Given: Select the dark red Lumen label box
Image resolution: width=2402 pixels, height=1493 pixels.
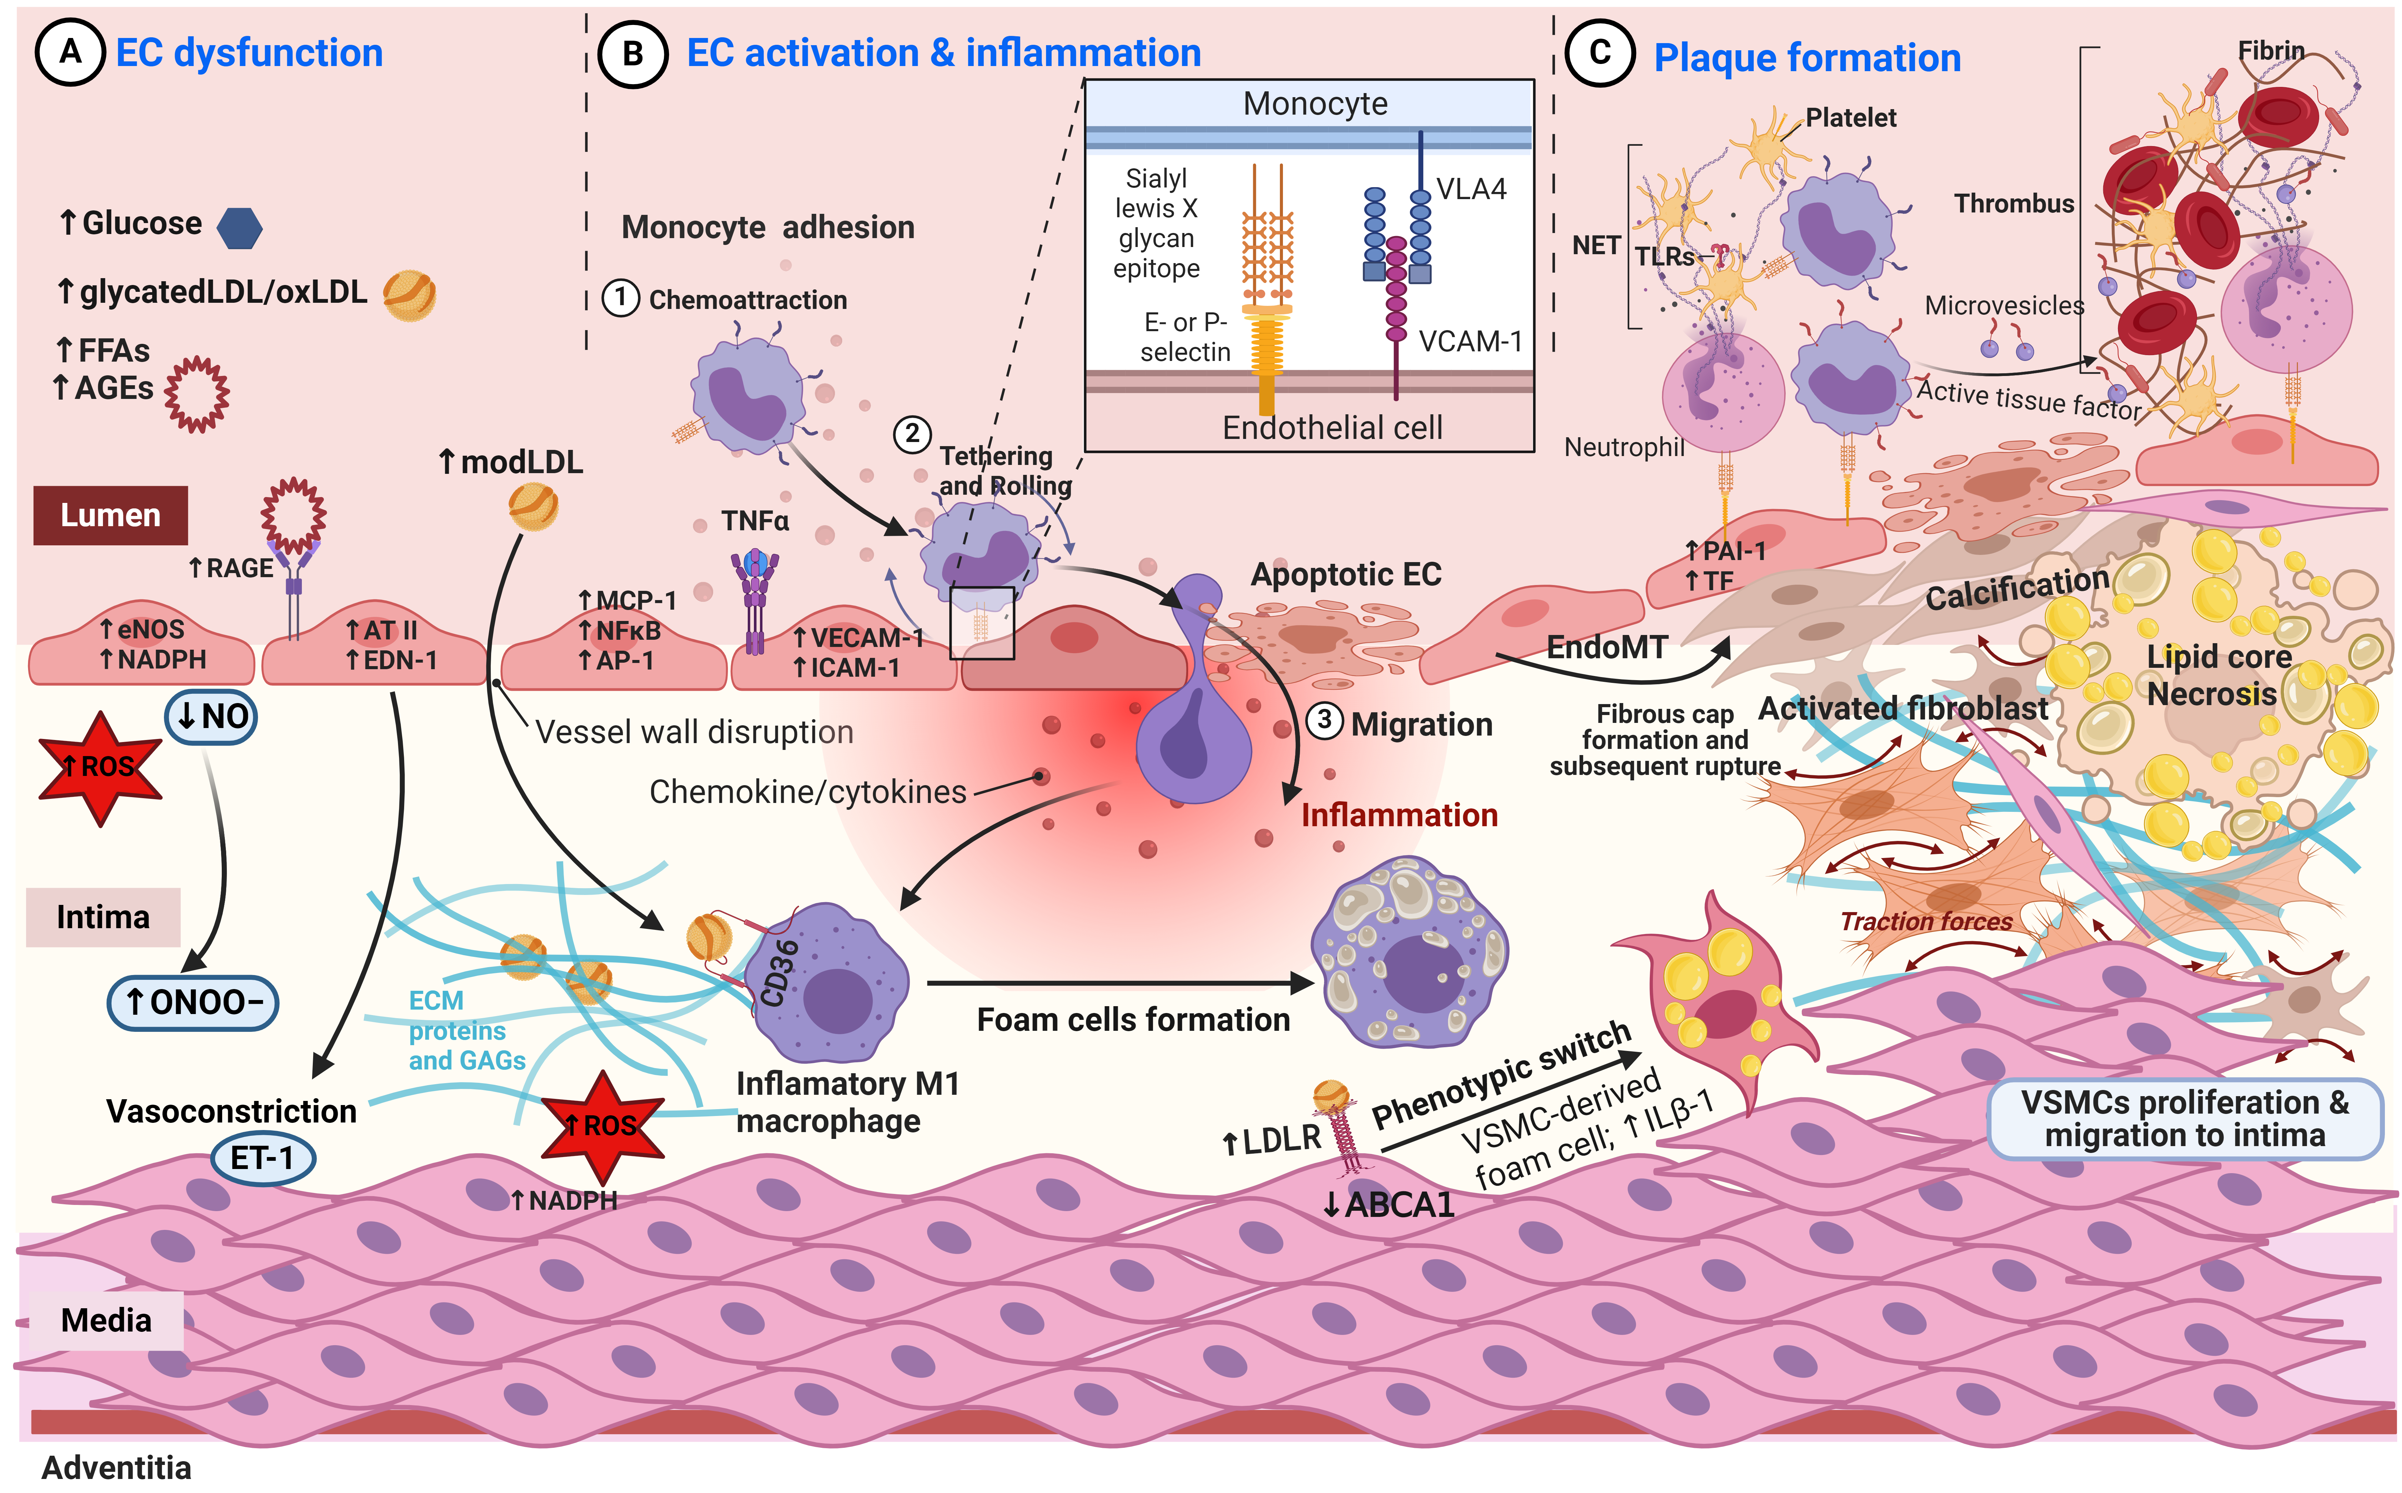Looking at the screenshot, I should (111, 516).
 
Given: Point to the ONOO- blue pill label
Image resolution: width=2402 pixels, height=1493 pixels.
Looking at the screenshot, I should (193, 1002).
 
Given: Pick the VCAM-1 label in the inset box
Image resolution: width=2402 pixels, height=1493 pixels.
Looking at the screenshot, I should (1470, 342).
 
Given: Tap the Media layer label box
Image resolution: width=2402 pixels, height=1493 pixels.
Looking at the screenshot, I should (106, 1320).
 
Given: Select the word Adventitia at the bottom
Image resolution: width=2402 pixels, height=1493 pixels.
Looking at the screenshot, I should (117, 1467).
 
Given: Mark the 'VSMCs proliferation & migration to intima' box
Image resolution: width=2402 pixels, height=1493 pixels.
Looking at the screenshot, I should (2185, 1119).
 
